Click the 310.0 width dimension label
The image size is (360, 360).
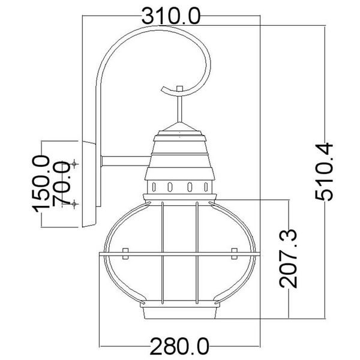click(171, 16)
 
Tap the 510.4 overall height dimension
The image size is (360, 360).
click(324, 172)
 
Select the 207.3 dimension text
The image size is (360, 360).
click(289, 258)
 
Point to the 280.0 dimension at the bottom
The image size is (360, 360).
click(179, 346)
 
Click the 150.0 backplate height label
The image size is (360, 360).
click(41, 184)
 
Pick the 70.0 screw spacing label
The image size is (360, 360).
click(61, 182)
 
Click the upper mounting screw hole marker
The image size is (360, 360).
click(74, 164)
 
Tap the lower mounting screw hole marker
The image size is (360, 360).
click(74, 203)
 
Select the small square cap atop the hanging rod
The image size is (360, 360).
click(179, 89)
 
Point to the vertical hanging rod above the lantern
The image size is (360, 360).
click(179, 107)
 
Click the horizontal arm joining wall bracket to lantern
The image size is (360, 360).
click(126, 161)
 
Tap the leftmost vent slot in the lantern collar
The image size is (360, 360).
click(154, 187)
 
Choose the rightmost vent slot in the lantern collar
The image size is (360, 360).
click(206, 187)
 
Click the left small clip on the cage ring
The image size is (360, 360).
click(125, 253)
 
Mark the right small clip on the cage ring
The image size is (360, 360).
click(234, 253)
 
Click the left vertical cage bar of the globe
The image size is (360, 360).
click(163, 253)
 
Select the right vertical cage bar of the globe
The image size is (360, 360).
click(197, 253)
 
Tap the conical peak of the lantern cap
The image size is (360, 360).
click(179, 127)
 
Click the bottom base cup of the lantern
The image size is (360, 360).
click(180, 313)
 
